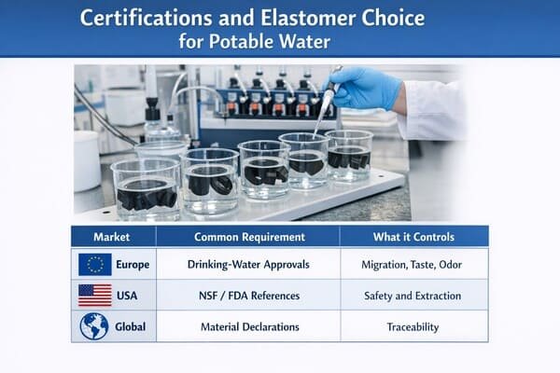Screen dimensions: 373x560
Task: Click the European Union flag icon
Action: coord(95,265)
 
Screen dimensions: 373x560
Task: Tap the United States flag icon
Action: coord(95,297)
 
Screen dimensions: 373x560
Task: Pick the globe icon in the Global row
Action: coord(94,326)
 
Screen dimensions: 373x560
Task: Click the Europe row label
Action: coord(132,265)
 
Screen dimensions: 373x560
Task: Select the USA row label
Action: coord(129,297)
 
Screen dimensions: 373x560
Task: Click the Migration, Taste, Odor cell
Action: coord(411,265)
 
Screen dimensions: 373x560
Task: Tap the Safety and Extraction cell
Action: coord(411,297)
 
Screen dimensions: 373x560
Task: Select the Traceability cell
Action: coord(411,327)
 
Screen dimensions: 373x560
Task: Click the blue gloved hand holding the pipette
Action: coord(365,88)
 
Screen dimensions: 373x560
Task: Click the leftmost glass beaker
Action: coord(145,188)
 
